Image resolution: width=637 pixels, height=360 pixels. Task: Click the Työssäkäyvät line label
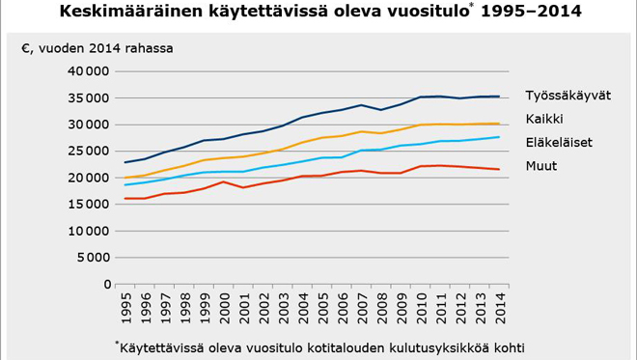tap(568, 96)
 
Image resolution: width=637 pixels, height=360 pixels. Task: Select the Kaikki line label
tap(544, 119)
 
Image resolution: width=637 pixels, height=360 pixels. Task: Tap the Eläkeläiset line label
tap(559, 143)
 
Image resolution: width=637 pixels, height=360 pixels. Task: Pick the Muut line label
tap(540, 166)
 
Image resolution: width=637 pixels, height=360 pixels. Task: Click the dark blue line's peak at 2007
tap(361, 105)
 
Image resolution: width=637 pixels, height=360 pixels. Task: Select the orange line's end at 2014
tap(498, 124)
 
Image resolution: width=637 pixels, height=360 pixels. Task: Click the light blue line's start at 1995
tap(125, 184)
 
